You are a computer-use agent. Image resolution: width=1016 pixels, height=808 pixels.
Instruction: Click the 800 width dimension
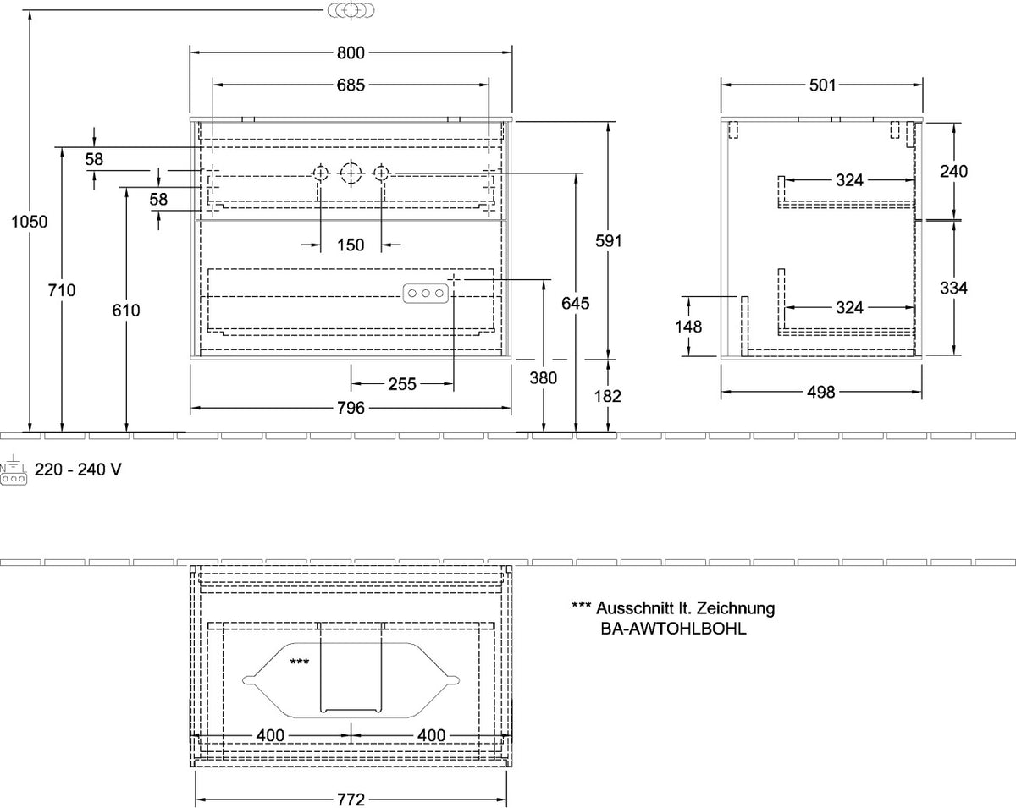351,52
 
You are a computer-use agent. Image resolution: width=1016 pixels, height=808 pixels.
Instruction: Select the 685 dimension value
351,85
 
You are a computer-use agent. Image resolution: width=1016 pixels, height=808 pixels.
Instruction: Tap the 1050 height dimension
30,222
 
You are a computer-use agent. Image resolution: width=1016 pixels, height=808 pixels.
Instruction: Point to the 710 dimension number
62,290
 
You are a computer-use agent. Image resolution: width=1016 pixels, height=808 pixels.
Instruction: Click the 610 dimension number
126,310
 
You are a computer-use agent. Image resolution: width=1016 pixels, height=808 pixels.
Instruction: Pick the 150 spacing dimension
351,245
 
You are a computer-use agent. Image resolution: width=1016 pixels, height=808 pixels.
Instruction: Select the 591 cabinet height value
609,240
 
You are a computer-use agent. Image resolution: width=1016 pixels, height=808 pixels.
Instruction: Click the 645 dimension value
576,303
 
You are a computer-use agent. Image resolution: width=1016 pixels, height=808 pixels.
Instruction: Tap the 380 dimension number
544,377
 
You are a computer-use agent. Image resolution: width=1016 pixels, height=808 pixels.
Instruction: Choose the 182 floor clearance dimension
608,396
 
